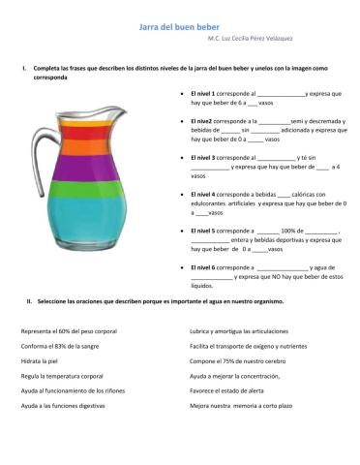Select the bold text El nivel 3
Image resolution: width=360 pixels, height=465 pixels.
click(x=204, y=156)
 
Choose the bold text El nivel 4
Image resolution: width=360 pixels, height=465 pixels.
click(x=204, y=194)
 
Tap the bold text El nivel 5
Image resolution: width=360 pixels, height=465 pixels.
click(x=204, y=231)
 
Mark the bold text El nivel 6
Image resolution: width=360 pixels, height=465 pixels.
click(x=204, y=266)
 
